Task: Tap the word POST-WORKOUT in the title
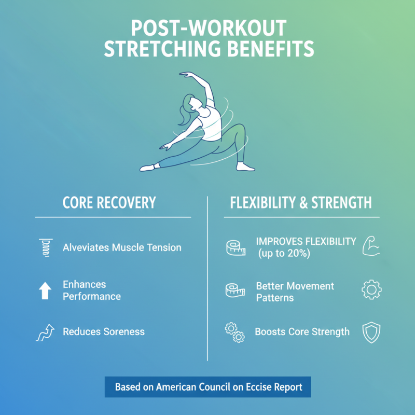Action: pyautogui.click(x=208, y=27)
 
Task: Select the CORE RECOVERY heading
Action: pyautogui.click(x=109, y=202)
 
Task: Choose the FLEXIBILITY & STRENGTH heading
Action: pyautogui.click(x=301, y=202)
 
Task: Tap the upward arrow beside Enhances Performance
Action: pyautogui.click(x=45, y=290)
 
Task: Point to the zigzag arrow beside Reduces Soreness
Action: pyautogui.click(x=45, y=332)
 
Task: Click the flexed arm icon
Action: pyautogui.click(x=371, y=246)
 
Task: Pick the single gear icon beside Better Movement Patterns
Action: pyautogui.click(x=371, y=289)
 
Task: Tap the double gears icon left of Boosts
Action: pyautogui.click(x=234, y=333)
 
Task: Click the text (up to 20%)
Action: pyautogui.click(x=284, y=253)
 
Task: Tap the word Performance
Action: pyautogui.click(x=92, y=297)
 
